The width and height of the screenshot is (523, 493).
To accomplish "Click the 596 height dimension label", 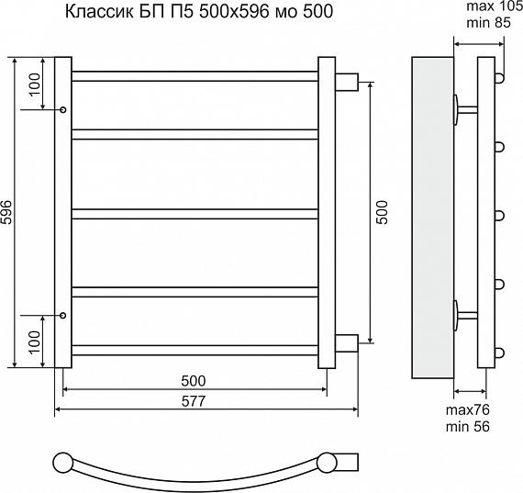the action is tap(6, 212).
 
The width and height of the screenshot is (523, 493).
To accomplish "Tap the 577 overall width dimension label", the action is tap(194, 401).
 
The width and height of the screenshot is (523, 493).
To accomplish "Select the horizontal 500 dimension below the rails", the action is tap(194, 381).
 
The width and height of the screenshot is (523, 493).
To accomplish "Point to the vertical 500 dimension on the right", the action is tap(383, 212).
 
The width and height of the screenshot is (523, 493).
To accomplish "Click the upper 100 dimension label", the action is tap(34, 84).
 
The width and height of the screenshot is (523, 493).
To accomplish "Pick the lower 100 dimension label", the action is tap(34, 342).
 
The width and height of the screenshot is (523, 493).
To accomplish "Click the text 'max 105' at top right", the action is tap(495, 6).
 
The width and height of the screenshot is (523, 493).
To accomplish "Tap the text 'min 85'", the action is tap(488, 23).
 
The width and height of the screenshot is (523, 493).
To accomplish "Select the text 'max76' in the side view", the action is tap(468, 409).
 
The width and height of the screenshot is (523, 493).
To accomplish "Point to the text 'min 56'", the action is tap(468, 427).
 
